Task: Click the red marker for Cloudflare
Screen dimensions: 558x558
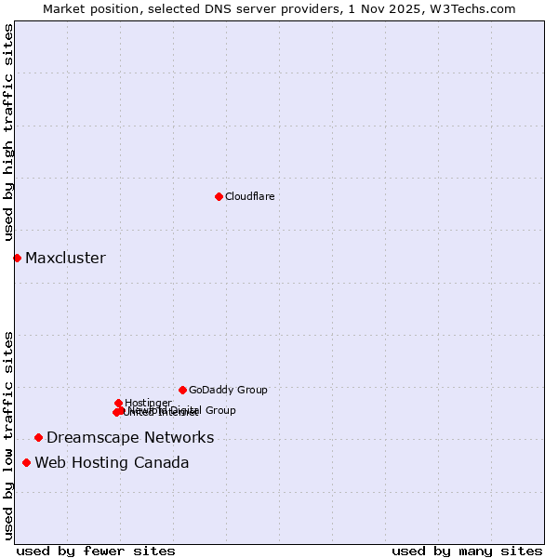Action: click(219, 196)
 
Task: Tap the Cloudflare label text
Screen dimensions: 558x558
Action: click(249, 196)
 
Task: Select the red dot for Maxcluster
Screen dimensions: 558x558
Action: click(17, 258)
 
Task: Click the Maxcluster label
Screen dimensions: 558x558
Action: click(65, 258)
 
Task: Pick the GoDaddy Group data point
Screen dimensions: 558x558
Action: click(182, 390)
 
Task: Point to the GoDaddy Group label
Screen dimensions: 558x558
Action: click(228, 390)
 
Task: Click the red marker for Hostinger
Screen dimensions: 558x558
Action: click(118, 403)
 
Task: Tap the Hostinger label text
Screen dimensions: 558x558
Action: click(148, 403)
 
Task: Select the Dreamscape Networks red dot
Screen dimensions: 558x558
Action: click(38, 437)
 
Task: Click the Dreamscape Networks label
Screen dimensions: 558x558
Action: click(130, 437)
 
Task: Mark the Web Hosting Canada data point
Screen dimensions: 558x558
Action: click(26, 462)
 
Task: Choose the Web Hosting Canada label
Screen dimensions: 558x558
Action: click(112, 462)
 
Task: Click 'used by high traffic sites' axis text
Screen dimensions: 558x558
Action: click(8, 133)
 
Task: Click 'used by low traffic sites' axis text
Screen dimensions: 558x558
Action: click(8, 435)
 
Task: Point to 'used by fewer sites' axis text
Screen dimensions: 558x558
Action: click(96, 551)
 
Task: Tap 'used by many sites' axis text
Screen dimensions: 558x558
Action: click(467, 551)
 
